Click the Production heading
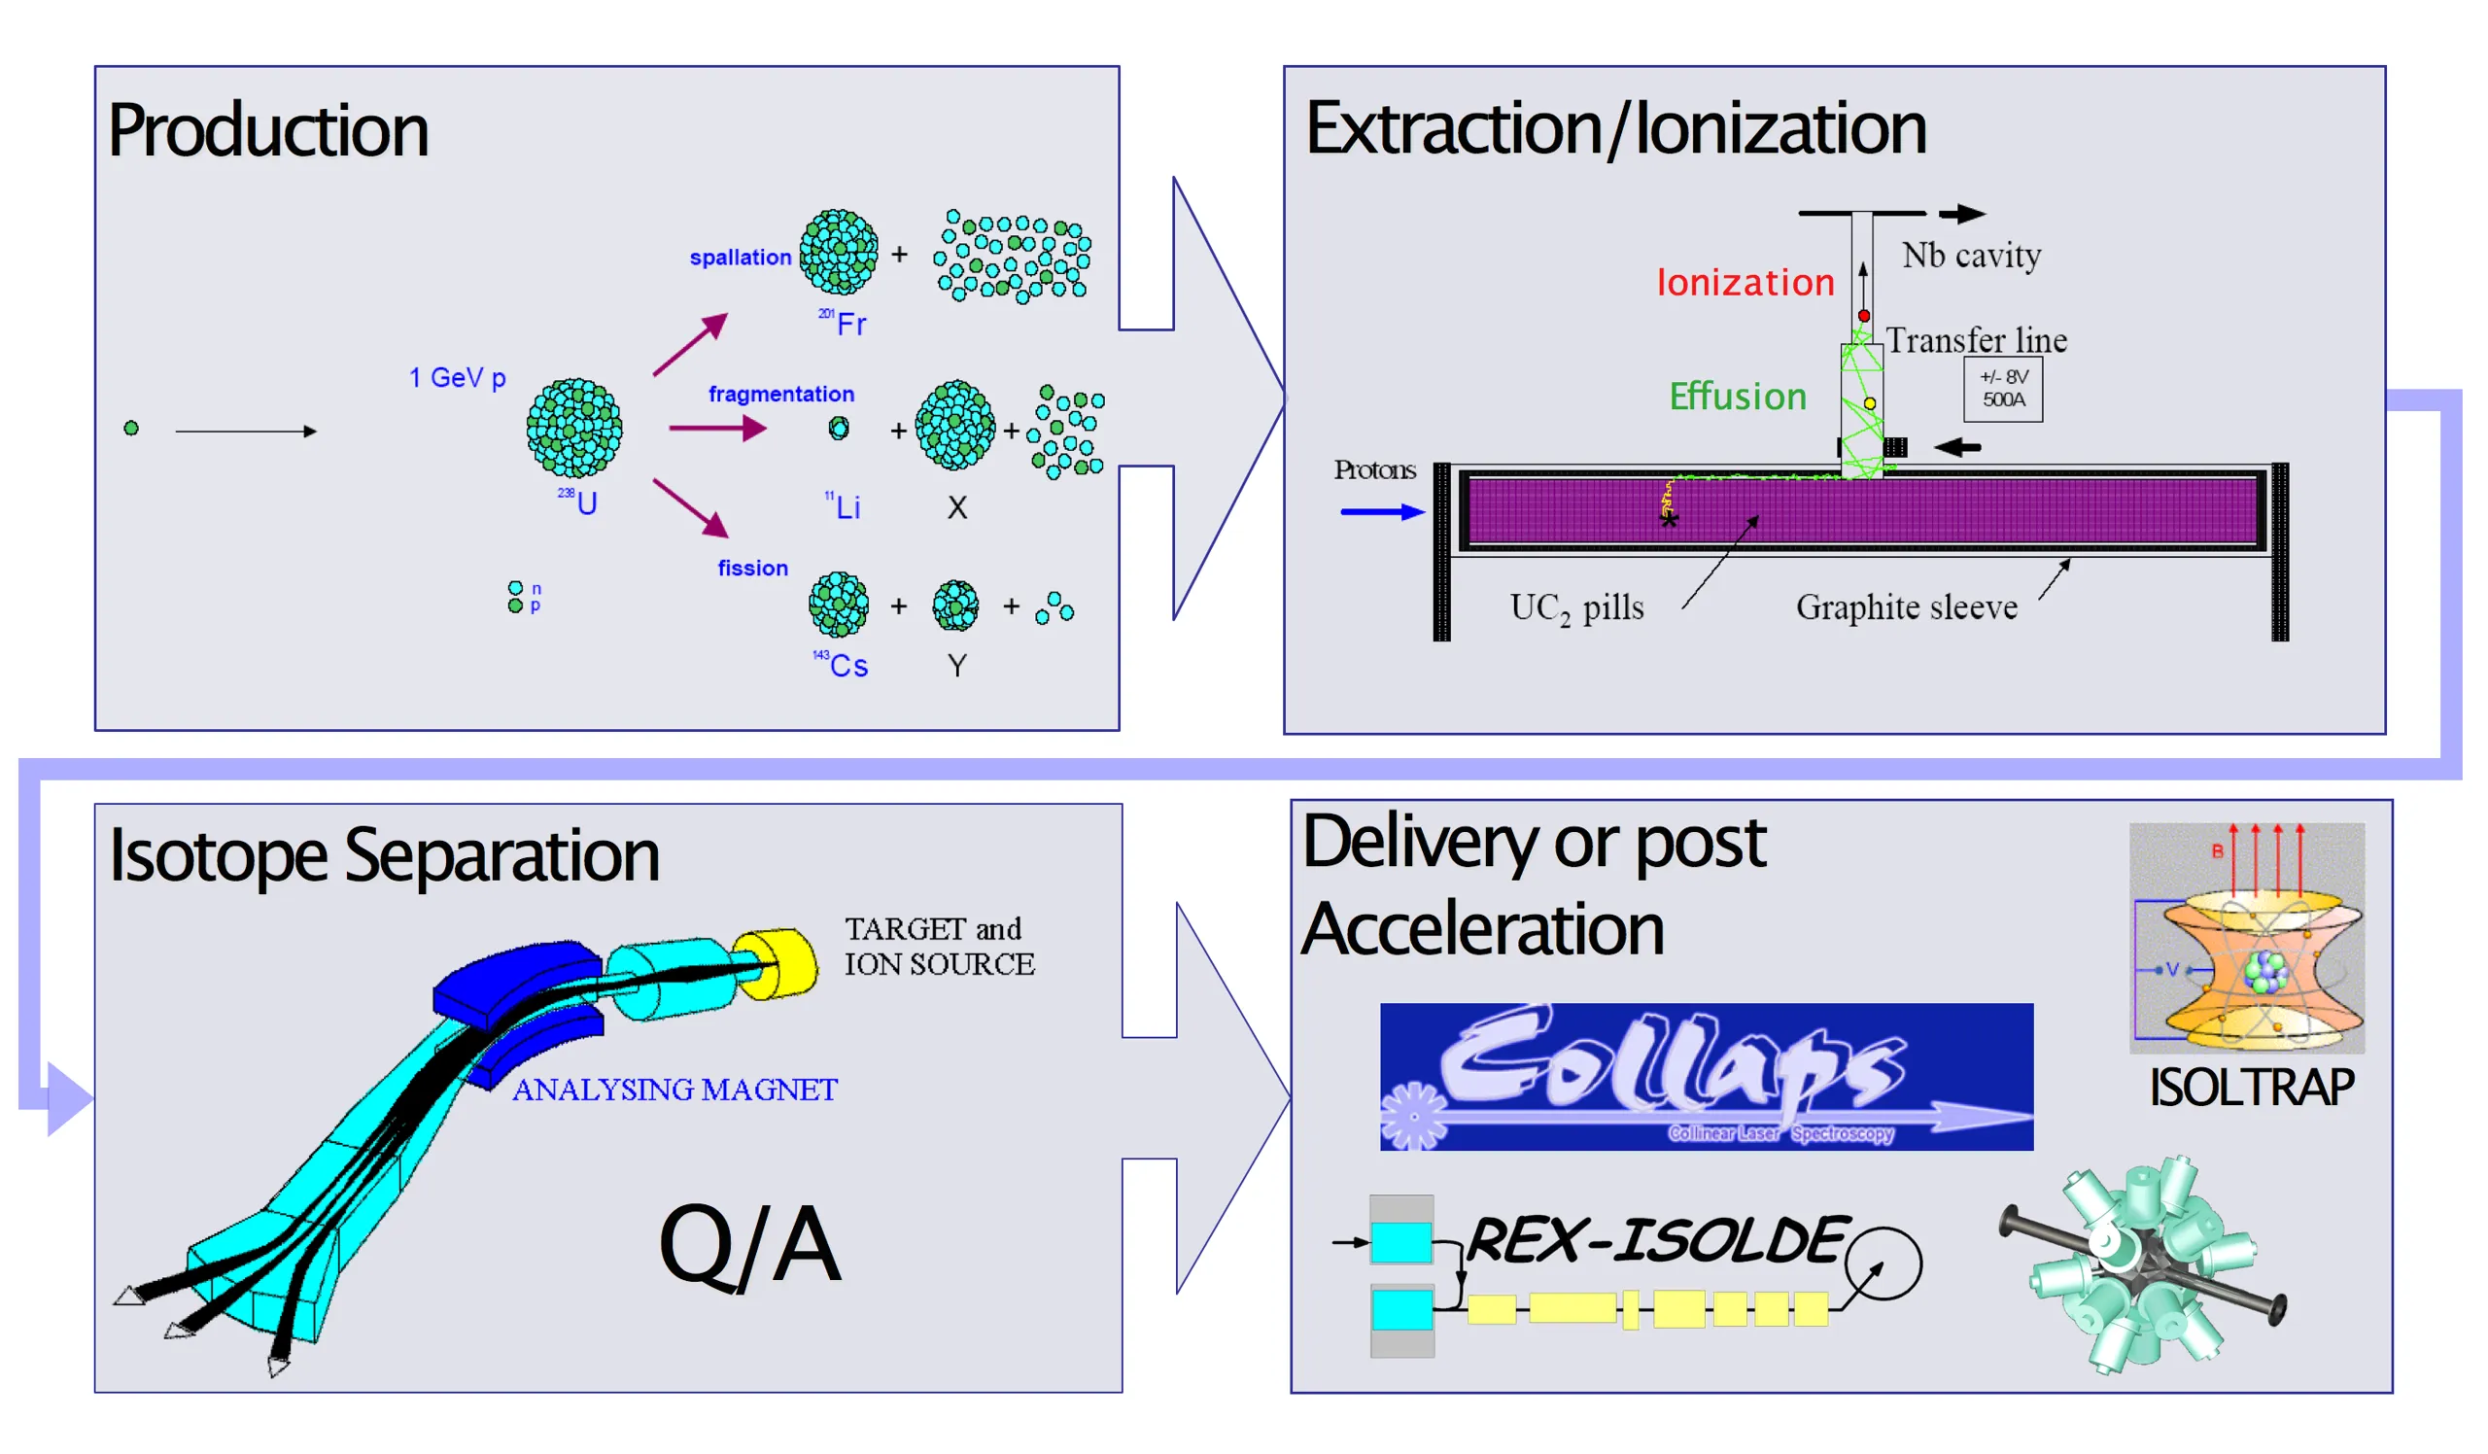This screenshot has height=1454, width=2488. (267, 131)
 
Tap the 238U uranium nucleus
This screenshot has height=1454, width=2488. (573, 429)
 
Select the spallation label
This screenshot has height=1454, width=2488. (740, 258)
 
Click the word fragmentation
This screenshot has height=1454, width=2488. (781, 394)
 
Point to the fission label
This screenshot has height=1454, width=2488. (752, 569)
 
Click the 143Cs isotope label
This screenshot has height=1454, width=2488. (843, 666)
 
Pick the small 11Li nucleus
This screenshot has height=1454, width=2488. (838, 429)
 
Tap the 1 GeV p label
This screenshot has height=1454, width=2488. (457, 378)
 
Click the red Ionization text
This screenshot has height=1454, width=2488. (1745, 283)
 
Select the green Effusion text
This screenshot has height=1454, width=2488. (1738, 397)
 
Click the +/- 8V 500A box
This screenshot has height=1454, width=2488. (2002, 389)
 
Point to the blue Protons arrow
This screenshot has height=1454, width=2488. (1381, 511)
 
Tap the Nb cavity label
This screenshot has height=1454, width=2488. (1971, 256)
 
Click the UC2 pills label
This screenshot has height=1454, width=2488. (1576, 608)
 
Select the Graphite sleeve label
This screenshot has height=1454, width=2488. (1906, 607)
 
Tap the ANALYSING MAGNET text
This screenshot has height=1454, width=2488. (674, 1090)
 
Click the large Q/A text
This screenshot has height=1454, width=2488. (749, 1245)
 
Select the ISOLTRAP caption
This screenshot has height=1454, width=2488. (2251, 1088)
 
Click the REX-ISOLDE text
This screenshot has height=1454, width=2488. (1655, 1241)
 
